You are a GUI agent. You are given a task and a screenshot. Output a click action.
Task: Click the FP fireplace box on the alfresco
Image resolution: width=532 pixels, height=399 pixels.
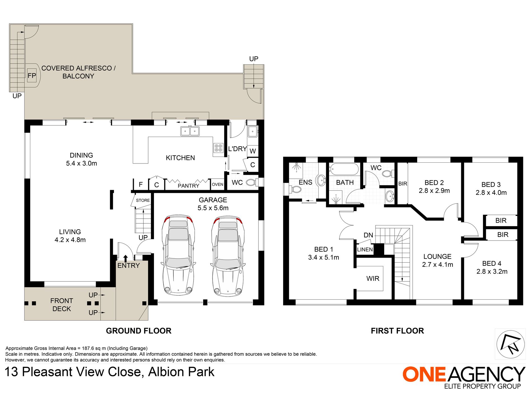[x=32, y=76]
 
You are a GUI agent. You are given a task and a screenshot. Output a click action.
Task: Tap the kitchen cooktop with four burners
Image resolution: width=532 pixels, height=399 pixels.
[x=218, y=148]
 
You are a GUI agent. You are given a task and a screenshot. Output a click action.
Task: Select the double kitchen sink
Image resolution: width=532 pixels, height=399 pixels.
[x=190, y=131]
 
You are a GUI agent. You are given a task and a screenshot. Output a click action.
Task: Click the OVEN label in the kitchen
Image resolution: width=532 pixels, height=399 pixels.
[x=218, y=184]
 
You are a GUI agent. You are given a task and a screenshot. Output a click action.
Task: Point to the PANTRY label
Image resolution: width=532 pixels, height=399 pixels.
[x=188, y=186]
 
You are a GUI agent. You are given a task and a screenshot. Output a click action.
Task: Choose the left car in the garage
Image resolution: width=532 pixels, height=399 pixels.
[x=178, y=255]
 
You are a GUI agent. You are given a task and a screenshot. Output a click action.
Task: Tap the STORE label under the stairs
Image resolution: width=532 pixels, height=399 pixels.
[x=143, y=200]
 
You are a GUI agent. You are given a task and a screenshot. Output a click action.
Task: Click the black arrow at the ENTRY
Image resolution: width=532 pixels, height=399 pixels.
[x=125, y=258]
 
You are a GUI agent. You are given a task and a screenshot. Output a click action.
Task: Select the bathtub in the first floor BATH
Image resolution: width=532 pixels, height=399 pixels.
[x=344, y=169]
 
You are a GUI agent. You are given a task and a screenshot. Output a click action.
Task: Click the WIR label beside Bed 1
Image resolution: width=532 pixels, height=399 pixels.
[x=373, y=278]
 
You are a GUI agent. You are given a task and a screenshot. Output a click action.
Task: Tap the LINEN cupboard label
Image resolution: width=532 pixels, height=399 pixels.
[x=365, y=249]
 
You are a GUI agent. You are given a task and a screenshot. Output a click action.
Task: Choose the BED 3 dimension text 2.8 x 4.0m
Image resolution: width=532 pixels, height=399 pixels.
[x=491, y=193]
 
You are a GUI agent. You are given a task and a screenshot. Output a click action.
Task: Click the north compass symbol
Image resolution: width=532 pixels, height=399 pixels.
[x=510, y=344]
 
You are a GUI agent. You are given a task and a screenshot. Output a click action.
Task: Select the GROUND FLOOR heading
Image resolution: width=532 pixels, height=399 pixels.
[x=139, y=331]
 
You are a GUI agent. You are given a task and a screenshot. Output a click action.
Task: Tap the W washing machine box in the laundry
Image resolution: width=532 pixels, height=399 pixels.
[x=253, y=151]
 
